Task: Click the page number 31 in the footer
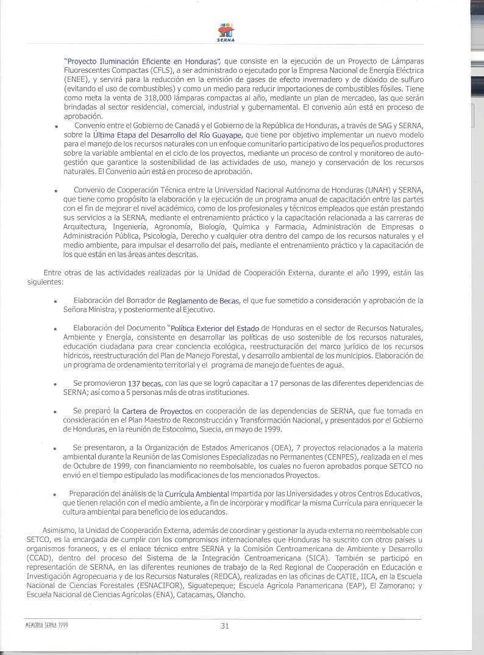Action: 224,624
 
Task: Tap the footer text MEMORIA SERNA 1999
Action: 48,624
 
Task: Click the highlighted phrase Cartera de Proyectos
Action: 157,411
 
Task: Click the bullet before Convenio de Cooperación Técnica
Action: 55,190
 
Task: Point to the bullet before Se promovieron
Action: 55,384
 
